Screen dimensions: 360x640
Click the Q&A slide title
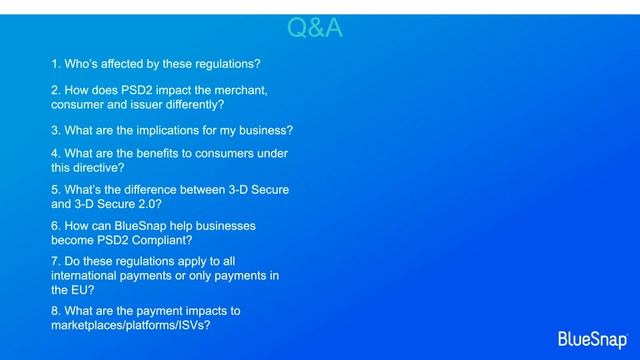(315, 29)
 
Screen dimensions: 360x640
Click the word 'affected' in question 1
(125, 63)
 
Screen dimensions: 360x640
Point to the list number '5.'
(55, 189)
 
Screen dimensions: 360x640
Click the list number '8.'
(55, 311)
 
